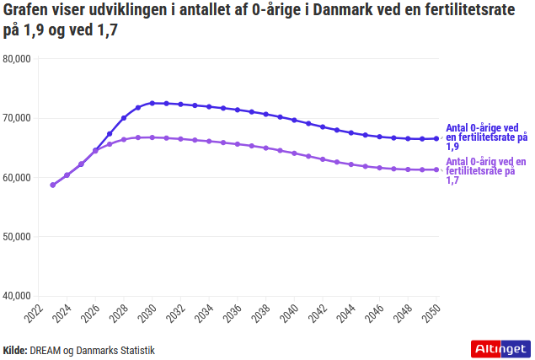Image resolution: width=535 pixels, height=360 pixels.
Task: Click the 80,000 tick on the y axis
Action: coord(17,59)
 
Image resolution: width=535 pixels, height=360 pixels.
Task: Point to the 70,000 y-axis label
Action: coord(17,118)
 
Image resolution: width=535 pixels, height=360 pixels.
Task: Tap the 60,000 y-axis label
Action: coord(17,177)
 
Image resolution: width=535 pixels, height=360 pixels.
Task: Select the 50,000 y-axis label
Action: coord(17,237)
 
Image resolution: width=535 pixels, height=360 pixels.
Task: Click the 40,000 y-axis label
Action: coord(17,296)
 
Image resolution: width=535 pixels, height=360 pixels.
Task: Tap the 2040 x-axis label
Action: coord(292,315)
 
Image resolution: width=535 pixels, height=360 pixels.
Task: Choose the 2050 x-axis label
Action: coord(433,315)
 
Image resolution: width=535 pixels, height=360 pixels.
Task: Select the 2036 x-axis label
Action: coord(234,315)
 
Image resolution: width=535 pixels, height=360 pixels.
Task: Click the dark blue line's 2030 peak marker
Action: coord(152,103)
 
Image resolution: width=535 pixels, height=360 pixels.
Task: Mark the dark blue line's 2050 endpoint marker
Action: coord(436,138)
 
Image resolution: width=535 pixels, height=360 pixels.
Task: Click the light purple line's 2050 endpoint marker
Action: coord(436,169)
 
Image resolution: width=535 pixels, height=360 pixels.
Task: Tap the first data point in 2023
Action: coord(53,185)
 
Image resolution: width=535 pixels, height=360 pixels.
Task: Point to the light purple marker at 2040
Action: coord(294,153)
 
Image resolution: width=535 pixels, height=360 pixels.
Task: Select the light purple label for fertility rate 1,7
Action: coord(486,170)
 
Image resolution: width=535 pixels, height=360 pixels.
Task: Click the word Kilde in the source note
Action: coord(15,349)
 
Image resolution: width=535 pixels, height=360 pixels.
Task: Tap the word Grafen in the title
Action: coord(28,12)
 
